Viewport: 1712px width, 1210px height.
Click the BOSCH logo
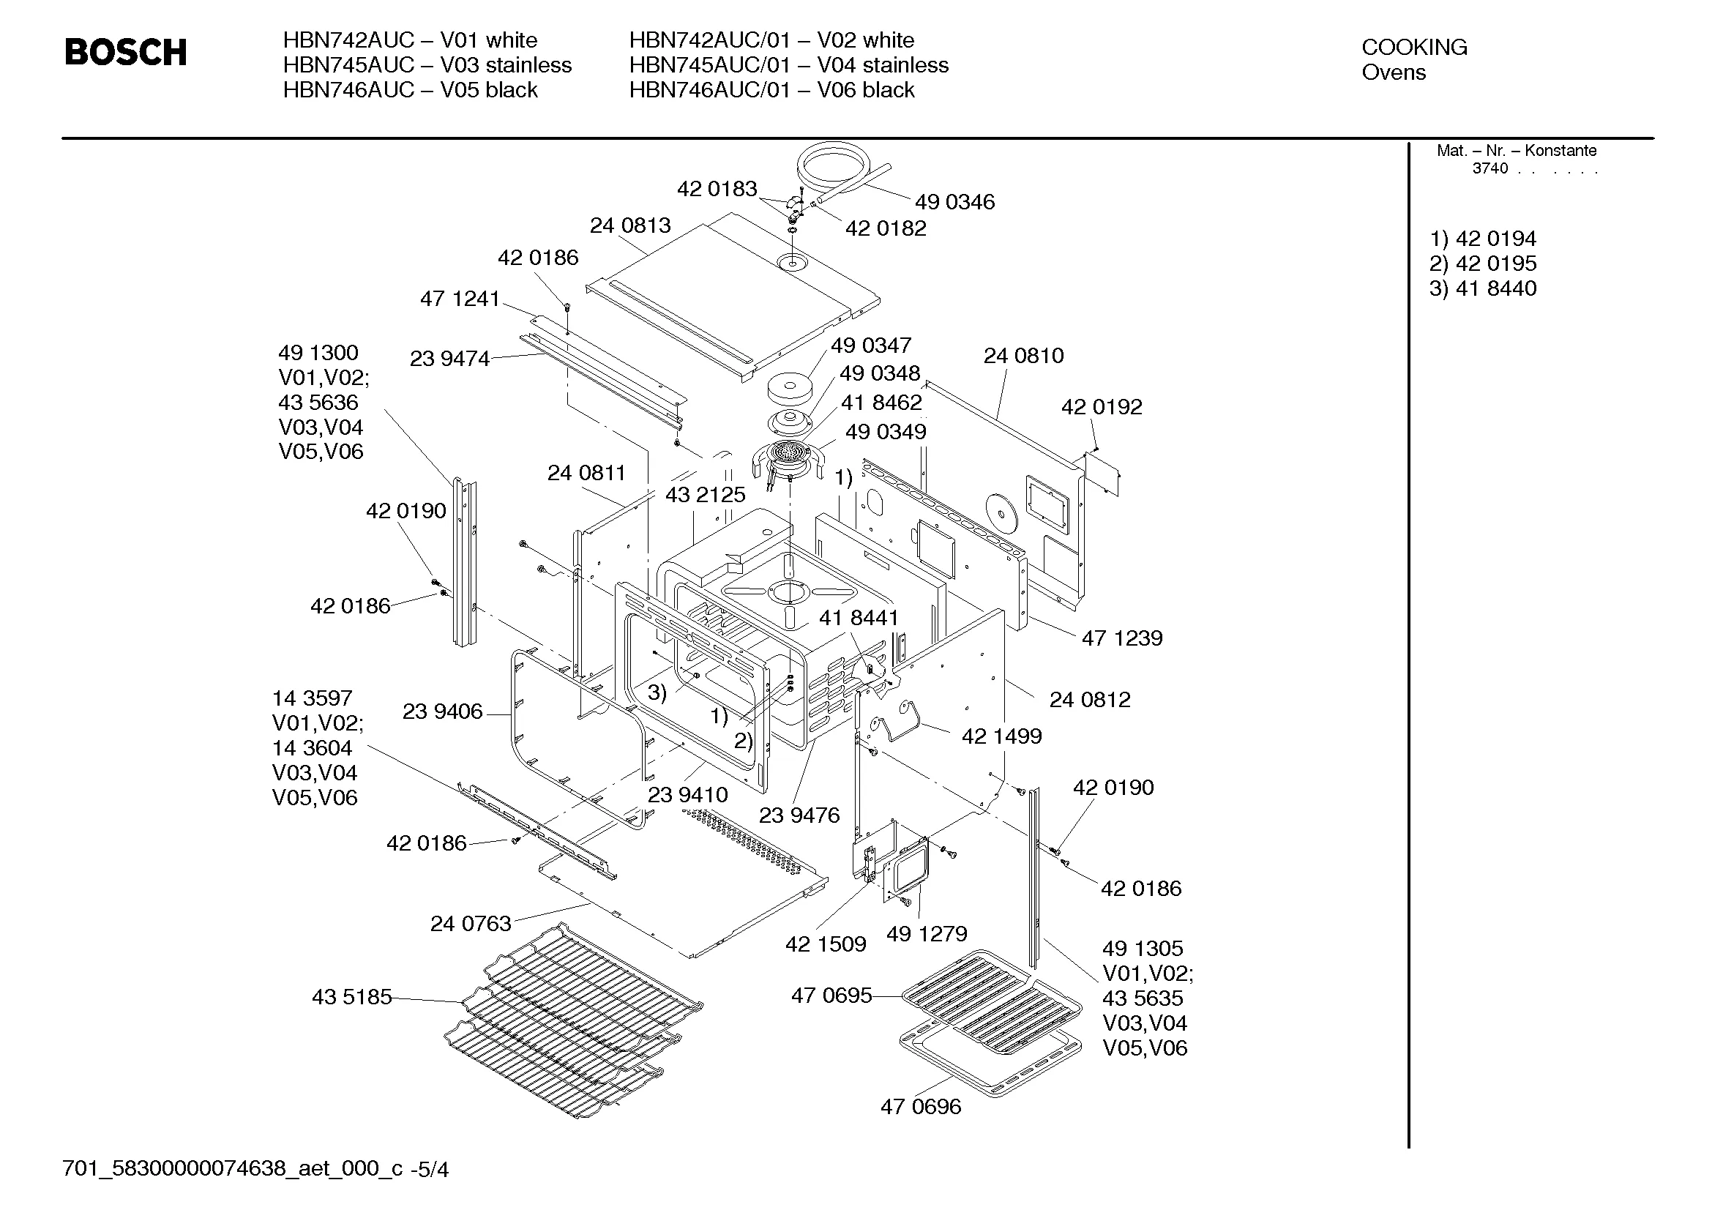[125, 52]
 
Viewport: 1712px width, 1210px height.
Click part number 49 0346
[954, 202]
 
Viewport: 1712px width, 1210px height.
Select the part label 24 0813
[630, 225]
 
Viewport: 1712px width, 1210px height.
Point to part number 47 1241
[460, 299]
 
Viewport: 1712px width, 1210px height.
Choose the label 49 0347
[871, 346]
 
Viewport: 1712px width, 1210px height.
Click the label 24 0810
[1023, 356]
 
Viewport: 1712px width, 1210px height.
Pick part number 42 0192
[1102, 407]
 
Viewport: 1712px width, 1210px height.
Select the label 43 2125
[705, 494]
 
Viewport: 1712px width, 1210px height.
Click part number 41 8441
[859, 617]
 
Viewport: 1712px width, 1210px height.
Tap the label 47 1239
[1121, 638]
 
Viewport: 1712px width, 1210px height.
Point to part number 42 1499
[1001, 736]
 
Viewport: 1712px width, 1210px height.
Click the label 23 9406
[442, 712]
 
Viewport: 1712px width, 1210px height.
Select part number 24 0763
[471, 924]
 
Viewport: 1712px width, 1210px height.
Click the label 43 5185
[351, 997]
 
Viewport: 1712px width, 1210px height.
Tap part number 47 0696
[920, 1106]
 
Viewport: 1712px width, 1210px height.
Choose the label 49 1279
[926, 933]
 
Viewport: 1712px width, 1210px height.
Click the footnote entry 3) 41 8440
[1482, 288]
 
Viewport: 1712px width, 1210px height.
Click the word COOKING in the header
[1414, 47]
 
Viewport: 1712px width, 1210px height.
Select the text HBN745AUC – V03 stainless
[427, 65]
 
